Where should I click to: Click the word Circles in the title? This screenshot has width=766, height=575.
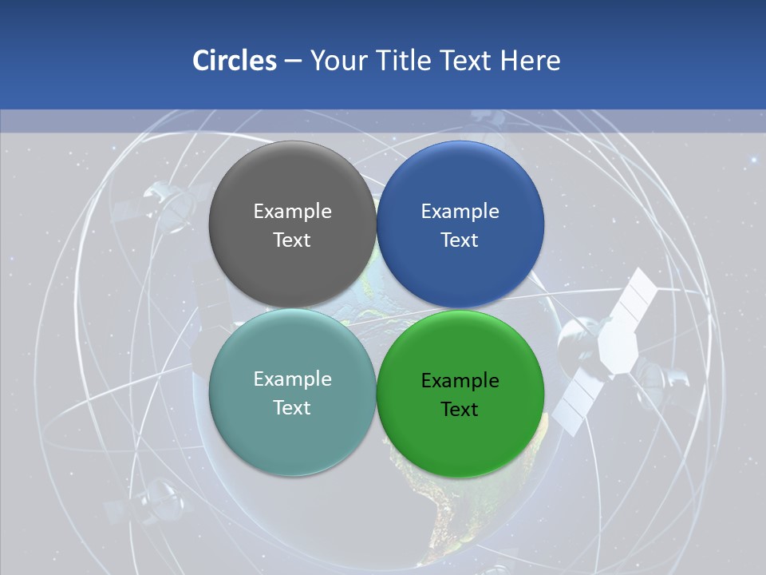(x=234, y=61)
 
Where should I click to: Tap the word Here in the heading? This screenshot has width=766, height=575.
(x=530, y=61)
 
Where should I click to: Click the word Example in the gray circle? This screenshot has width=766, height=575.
(x=292, y=211)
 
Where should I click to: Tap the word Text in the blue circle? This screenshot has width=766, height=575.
(x=460, y=240)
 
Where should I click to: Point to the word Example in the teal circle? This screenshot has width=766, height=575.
(x=292, y=379)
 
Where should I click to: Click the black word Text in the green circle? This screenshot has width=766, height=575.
(x=460, y=409)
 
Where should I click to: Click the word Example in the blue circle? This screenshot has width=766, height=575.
(x=460, y=211)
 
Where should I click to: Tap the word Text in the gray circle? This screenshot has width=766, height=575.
(x=292, y=240)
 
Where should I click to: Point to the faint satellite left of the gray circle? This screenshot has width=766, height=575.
(x=164, y=204)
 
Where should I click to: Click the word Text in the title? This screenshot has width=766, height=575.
(x=464, y=61)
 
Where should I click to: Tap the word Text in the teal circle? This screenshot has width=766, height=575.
(x=292, y=407)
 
